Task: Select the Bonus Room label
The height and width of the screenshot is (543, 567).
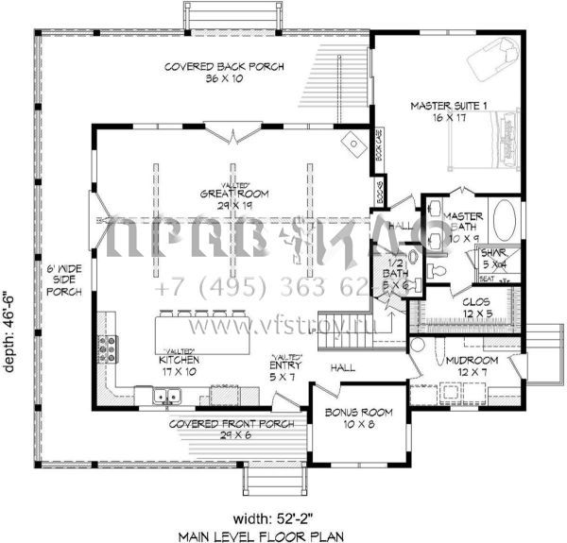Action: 352,418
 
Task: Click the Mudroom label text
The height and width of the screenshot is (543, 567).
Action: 474,365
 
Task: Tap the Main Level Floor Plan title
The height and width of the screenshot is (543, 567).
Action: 283,535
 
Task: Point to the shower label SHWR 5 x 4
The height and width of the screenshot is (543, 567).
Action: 494,259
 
